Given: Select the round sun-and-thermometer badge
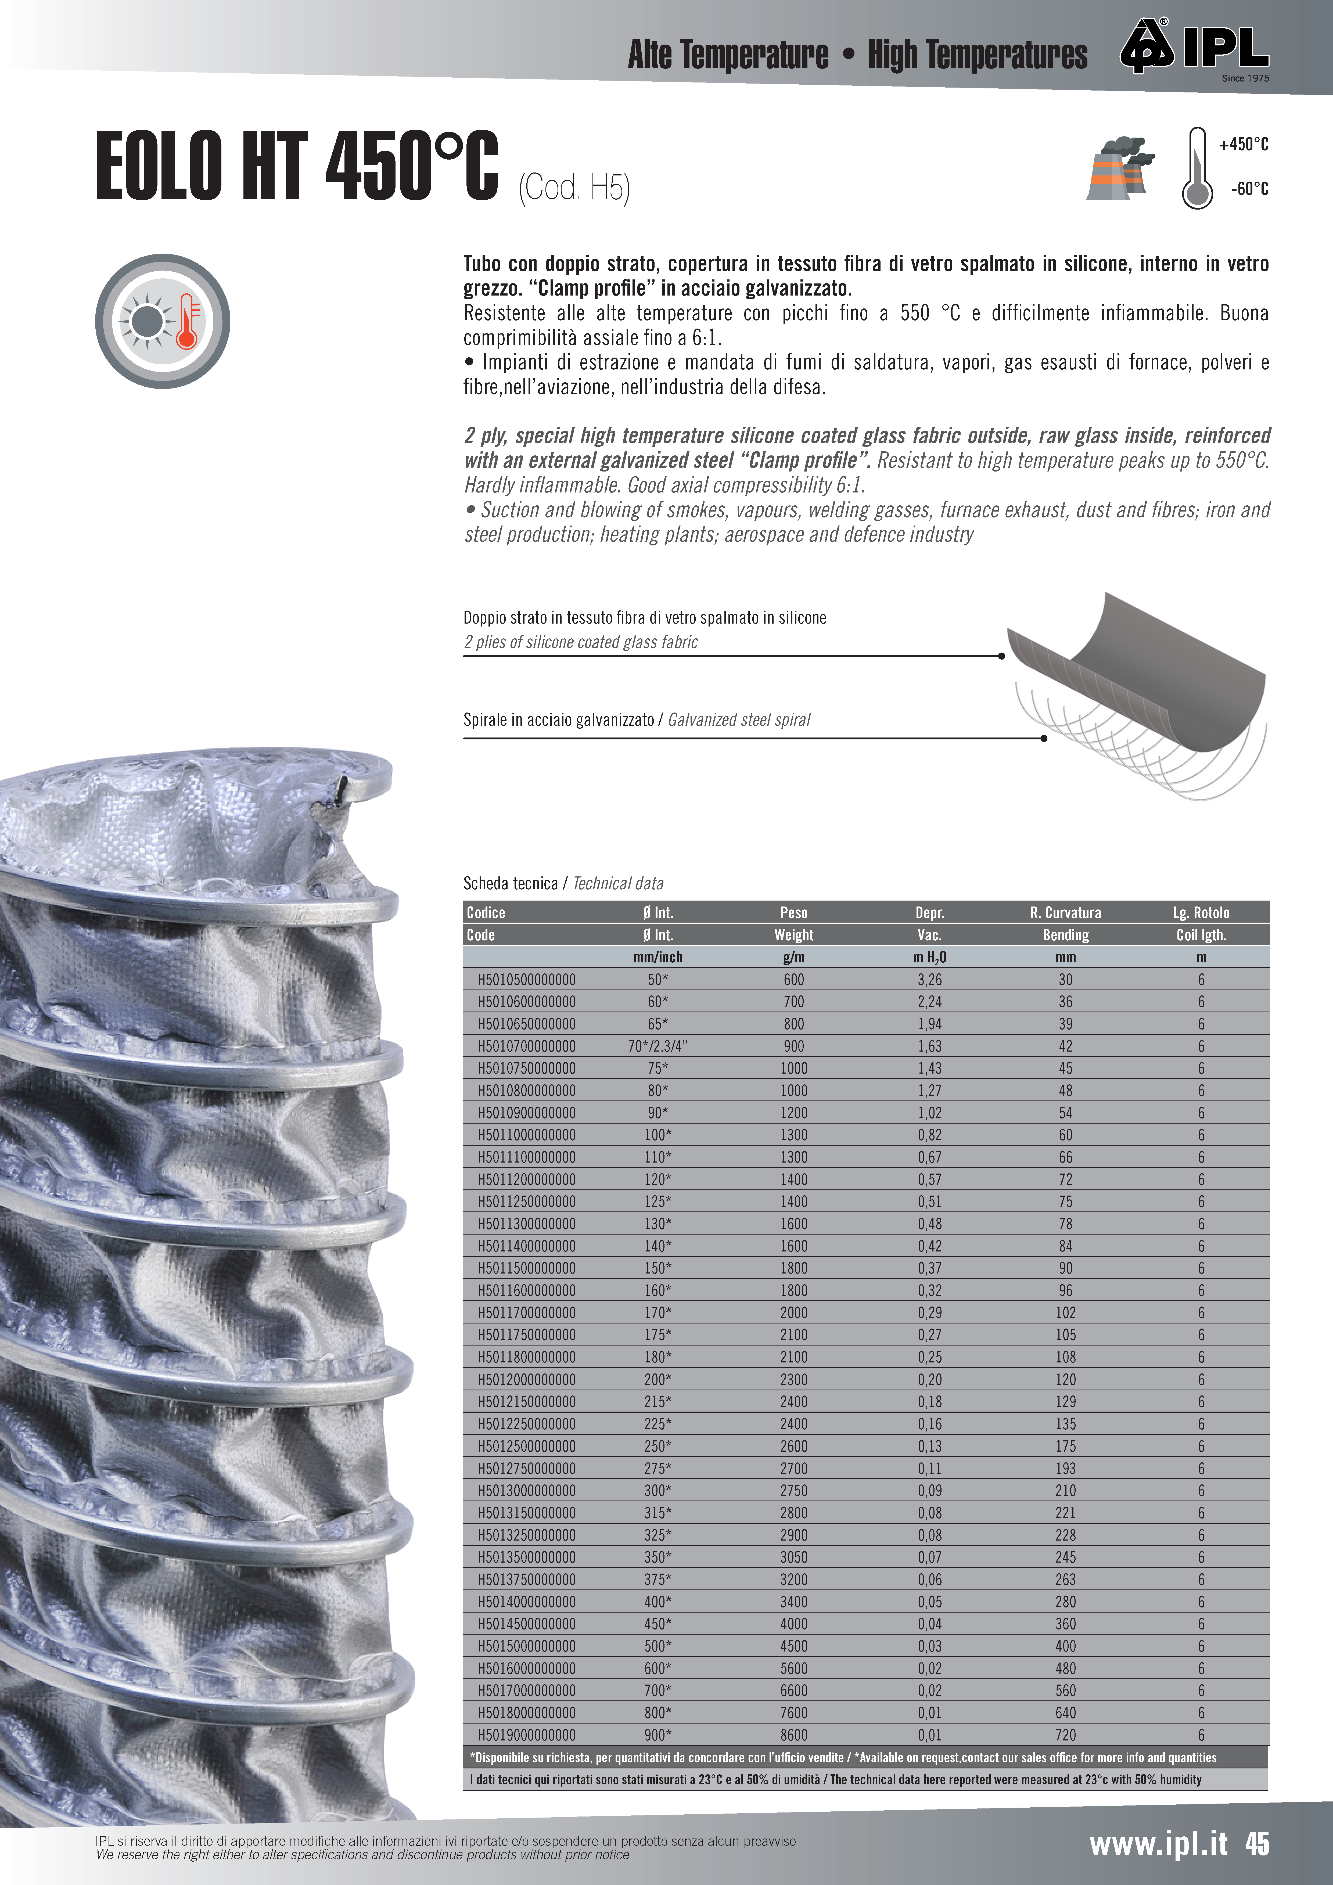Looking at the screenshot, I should click(163, 321).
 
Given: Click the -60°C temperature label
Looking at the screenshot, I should click(1249, 189).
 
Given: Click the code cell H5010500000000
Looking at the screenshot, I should click(526, 980).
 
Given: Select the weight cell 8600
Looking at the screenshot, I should click(793, 1735).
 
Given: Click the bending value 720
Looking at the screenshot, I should click(1065, 1735).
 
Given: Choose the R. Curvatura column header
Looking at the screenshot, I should click(1065, 912).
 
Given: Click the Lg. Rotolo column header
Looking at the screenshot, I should click(1201, 912).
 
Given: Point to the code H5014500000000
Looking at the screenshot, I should click(526, 1624).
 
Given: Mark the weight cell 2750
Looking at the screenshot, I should click(793, 1490).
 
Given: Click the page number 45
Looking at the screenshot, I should click(1257, 1844).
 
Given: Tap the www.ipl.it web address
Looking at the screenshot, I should click(1158, 1844).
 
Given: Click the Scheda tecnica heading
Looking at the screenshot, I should click(510, 883).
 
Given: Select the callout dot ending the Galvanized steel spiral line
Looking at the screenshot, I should click(1044, 738).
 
